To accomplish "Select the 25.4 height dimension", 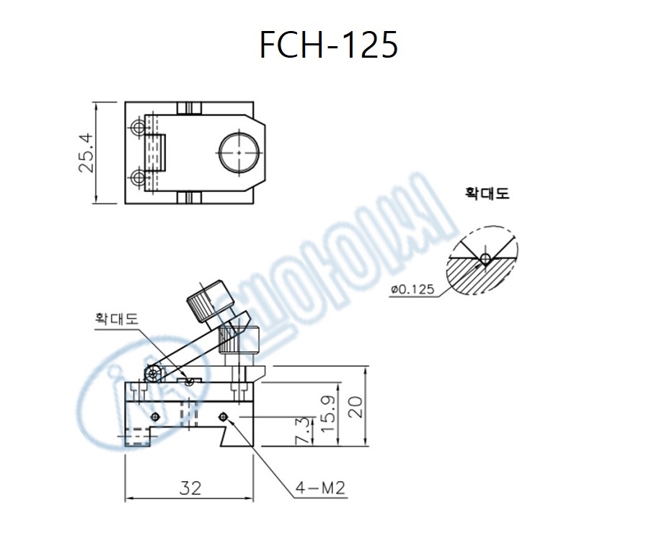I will click(x=86, y=153).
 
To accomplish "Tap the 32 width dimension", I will click(x=190, y=488).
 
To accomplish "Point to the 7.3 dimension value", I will click(x=304, y=430).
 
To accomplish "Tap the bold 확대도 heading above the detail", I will click(x=487, y=194).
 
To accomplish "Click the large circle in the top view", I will click(x=239, y=153).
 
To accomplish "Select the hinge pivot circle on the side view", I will click(x=152, y=373).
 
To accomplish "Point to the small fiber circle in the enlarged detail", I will click(x=485, y=258).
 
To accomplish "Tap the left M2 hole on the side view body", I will click(x=155, y=415).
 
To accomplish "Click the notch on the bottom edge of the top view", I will click(x=189, y=198).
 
